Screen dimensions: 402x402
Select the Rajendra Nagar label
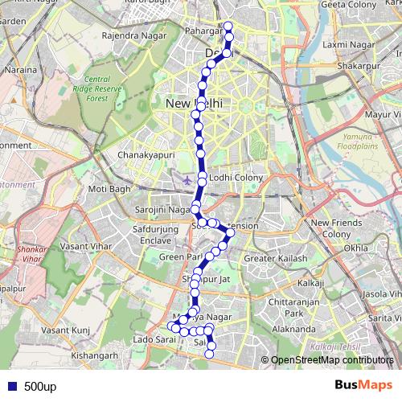(132, 36)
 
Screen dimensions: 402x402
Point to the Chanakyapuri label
(146, 154)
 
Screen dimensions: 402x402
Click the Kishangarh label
(95, 354)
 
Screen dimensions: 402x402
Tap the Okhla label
(355, 248)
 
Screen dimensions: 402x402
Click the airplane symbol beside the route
(187, 178)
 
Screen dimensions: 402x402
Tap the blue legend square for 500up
(11, 386)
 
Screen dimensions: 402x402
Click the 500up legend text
(39, 386)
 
